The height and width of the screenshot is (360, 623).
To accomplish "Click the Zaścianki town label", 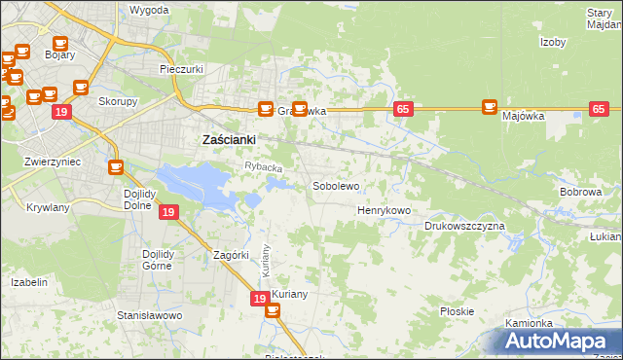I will pos(228,139).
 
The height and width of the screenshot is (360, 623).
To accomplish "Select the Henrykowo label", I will pos(384,210).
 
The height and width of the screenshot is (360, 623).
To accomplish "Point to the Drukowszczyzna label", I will pos(464,226).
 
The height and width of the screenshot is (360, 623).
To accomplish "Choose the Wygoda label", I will pos(149,10).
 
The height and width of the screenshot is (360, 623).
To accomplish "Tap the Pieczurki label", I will pos(180,70).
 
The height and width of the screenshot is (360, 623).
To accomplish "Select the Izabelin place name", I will pos(28,282).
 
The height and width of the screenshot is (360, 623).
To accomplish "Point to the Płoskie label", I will pos(457,311).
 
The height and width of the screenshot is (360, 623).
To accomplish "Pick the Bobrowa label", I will pos(581,192).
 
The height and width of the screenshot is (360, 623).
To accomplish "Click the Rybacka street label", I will pos(263,167).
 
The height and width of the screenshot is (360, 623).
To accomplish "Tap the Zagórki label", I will pos(233,255).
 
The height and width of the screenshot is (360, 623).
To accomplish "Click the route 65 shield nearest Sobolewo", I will pos(402,109).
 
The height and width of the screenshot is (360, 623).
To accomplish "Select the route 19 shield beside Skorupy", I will pos(61,113).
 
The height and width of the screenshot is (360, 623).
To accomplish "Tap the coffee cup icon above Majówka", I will pos(490,106).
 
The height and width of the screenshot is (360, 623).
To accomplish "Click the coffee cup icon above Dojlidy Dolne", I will pos(116,167).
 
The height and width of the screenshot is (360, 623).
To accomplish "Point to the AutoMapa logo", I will pos(555,341).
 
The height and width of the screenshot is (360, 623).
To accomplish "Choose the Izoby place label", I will pos(553,42).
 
